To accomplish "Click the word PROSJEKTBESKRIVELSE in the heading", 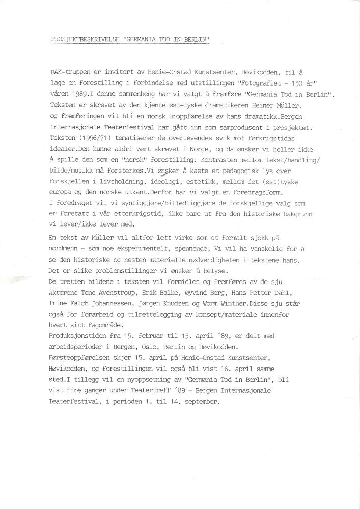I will pyautogui.click(x=82, y=40).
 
